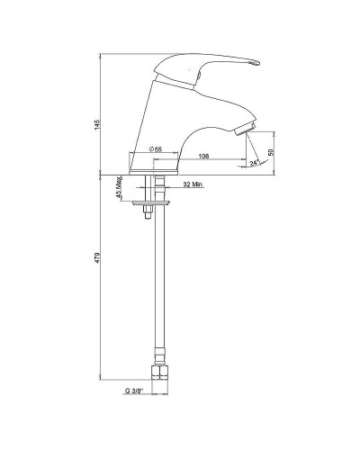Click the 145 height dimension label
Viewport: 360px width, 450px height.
(96, 124)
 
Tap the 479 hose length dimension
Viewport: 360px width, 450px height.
(96, 258)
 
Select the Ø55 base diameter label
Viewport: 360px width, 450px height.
(156, 149)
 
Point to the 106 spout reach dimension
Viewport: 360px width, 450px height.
(203, 156)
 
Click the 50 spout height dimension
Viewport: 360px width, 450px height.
(271, 152)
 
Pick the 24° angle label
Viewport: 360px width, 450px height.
(255, 163)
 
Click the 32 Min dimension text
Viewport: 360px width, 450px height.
(193, 184)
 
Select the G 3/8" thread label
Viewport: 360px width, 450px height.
(134, 391)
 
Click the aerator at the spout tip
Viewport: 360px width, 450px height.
(246, 129)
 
